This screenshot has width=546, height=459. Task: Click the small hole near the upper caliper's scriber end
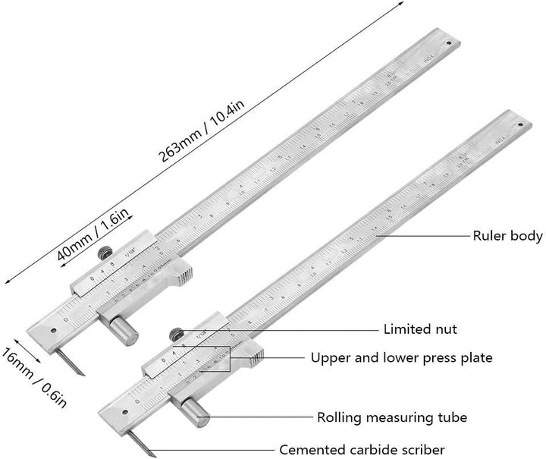[x=54, y=329]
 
